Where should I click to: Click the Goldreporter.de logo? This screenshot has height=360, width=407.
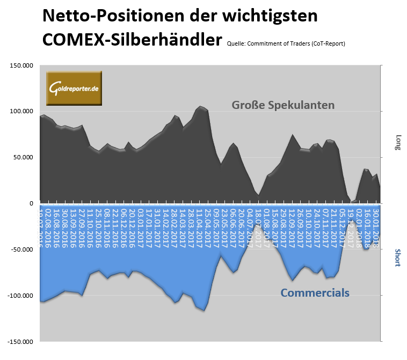[74, 88]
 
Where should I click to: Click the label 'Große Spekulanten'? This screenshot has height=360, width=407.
[283, 105]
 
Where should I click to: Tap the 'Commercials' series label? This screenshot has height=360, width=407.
[315, 293]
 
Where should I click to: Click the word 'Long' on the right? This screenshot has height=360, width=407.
[398, 142]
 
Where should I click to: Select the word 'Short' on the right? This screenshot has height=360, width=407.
[398, 258]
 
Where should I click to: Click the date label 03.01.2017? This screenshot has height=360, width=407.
[141, 226]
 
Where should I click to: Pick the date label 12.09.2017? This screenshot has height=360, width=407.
[292, 226]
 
